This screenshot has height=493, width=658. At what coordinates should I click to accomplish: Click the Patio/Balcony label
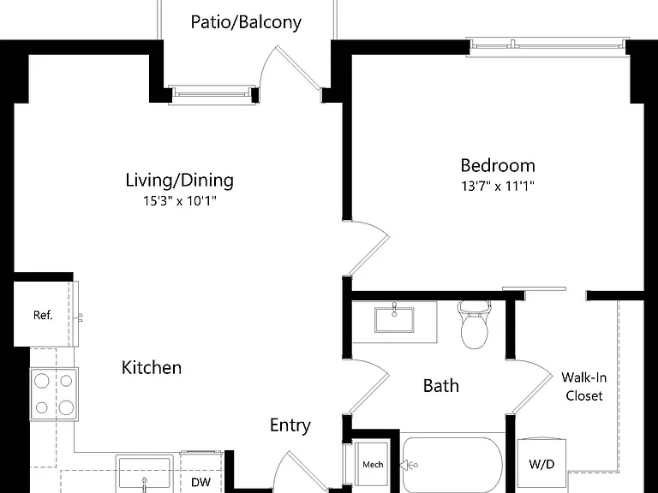coord(246,22)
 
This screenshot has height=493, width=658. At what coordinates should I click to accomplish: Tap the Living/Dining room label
coord(180,181)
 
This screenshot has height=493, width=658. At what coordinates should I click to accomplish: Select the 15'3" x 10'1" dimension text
coord(180,201)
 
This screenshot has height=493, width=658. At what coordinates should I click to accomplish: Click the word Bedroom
coord(498,165)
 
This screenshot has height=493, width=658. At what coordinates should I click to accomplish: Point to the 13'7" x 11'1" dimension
coord(498,186)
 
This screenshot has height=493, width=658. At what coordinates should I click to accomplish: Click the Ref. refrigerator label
coord(43,315)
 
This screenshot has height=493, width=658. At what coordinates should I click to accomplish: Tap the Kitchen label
coord(152,368)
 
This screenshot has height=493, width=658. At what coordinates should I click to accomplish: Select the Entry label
coord(290,425)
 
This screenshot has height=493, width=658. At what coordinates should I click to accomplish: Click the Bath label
coord(440,386)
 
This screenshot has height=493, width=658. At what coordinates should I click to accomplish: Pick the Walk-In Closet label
coord(583,387)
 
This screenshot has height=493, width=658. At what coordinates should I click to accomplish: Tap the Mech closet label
coord(373,465)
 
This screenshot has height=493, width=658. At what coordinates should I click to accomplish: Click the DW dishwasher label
coord(201,482)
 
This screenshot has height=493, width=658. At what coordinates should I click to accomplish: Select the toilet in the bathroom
coord(475,324)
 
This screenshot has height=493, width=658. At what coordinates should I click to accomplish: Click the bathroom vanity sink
coord(394,319)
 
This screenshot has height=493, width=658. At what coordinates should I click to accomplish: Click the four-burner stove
coord(54,394)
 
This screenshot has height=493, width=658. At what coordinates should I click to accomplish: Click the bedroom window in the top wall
coord(547,47)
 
